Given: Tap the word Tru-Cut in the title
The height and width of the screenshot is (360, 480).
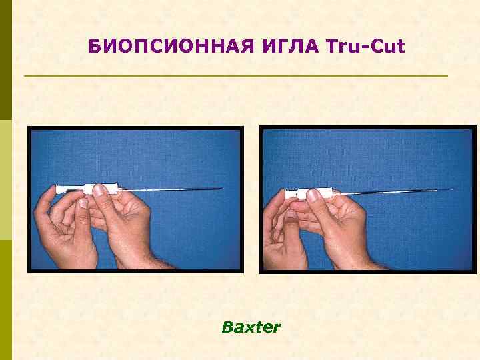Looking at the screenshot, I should pyautogui.click(x=366, y=47).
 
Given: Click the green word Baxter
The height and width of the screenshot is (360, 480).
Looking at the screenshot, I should pyautogui.click(x=251, y=327).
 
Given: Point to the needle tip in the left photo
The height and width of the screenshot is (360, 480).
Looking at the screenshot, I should pyautogui.click(x=221, y=189).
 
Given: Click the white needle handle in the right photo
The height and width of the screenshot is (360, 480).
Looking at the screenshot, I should pyautogui.click(x=320, y=194).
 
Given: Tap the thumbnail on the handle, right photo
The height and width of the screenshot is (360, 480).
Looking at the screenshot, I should pyautogui.click(x=312, y=195).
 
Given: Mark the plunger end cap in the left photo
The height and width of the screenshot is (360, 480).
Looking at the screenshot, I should pyautogui.click(x=58, y=190).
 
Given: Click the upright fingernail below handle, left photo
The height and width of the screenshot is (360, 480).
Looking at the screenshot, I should pyautogui.click(x=83, y=203).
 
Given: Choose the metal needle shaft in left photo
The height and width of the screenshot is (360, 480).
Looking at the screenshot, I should pyautogui.click(x=173, y=190).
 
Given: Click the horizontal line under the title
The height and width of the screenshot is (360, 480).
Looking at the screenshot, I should pyautogui.click(x=235, y=76).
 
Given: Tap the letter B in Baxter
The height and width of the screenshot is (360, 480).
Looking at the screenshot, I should pyautogui.click(x=226, y=327).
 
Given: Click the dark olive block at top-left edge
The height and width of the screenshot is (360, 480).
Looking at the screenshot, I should pyautogui.click(x=5, y=60).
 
